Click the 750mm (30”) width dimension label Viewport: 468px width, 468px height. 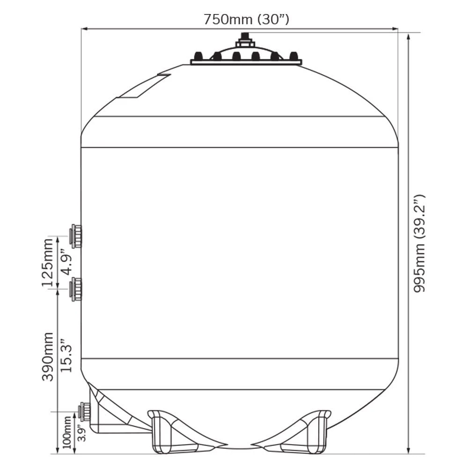(246, 20)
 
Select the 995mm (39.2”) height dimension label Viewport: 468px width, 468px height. (419, 243)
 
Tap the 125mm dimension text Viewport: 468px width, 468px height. (47, 263)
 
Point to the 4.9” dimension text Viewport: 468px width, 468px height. (66, 262)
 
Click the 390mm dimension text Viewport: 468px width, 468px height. (47, 357)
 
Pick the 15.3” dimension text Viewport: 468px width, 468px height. (66, 355)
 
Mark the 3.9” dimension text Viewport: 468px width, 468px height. (81, 433)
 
